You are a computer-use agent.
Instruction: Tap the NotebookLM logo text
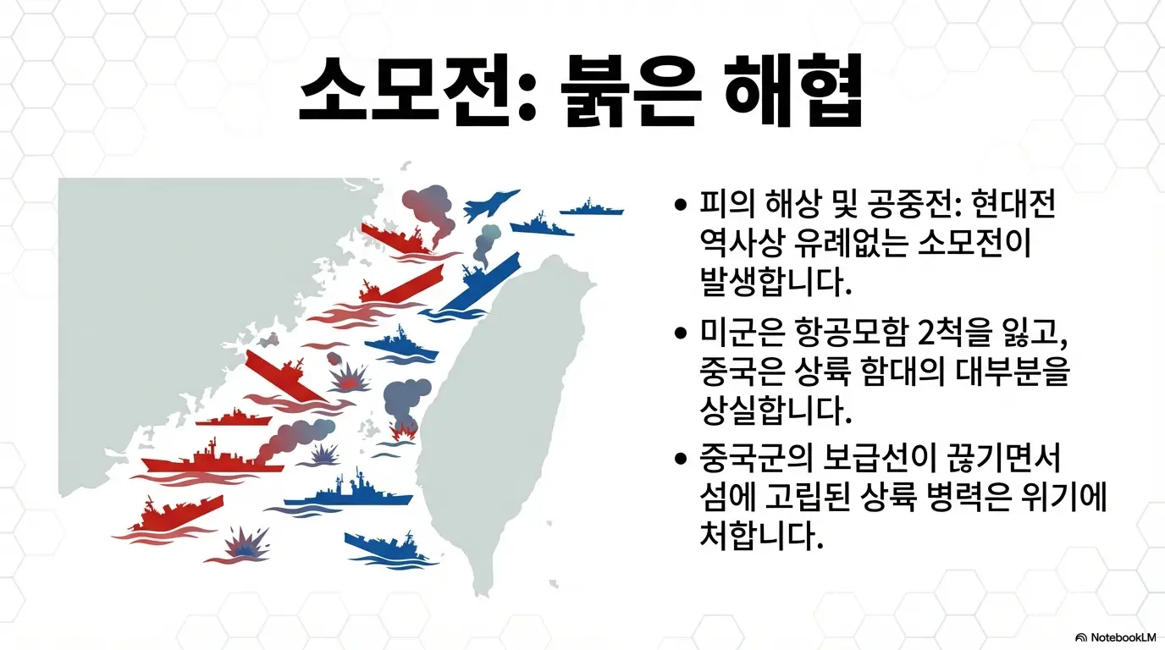coord(1117,636)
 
